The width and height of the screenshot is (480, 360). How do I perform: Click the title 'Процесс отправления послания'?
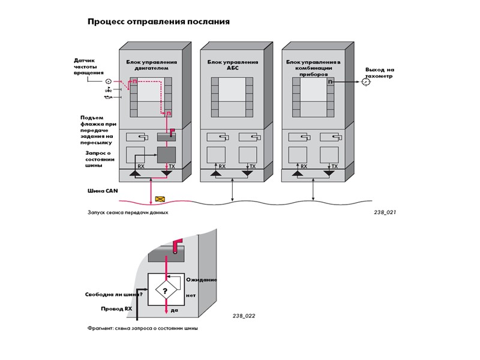click(x=158, y=22)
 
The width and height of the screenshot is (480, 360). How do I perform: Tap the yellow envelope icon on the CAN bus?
click(x=160, y=199)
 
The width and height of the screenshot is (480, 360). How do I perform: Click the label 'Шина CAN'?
click(x=96, y=191)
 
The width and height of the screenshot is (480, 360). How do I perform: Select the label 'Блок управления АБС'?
click(x=233, y=65)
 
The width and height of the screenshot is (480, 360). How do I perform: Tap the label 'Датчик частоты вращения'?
click(x=85, y=66)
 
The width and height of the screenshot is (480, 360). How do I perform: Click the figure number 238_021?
click(x=384, y=212)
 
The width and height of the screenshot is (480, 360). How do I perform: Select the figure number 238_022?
click(x=244, y=315)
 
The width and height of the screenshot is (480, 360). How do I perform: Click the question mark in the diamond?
click(x=166, y=290)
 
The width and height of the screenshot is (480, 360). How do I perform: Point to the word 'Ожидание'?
click(x=201, y=280)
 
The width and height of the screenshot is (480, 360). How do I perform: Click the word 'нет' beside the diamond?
click(x=191, y=295)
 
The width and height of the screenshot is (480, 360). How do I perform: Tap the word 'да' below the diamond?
click(x=175, y=310)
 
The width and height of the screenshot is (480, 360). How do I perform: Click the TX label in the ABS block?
click(x=252, y=166)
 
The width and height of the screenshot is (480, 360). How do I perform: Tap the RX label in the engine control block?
click(x=141, y=166)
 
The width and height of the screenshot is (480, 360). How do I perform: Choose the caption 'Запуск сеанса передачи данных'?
click(x=124, y=212)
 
